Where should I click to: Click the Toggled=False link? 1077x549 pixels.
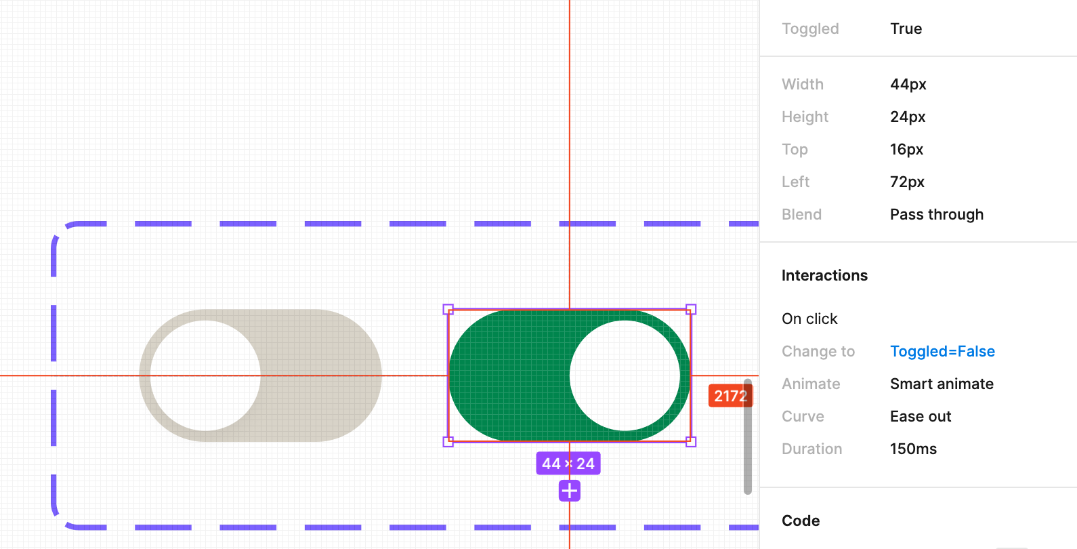pos(942,351)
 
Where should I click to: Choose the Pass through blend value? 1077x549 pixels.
pos(936,214)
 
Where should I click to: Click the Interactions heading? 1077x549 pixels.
pos(824,275)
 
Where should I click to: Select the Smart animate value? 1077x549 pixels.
pos(942,384)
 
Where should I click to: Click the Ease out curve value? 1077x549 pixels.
pos(921,416)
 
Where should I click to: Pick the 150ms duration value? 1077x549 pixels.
pos(913,449)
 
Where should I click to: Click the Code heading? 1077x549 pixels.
pos(801,521)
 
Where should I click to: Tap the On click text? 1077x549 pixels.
pos(809,319)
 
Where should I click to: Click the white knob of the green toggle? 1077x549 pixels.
pos(625,375)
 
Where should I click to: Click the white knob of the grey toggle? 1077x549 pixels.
pos(205,375)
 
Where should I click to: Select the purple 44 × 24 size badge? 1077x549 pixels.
pos(568,464)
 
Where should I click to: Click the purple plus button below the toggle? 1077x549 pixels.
pos(570,491)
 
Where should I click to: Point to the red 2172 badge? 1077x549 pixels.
pos(730,396)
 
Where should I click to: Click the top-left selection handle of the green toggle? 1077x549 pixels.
pos(448,309)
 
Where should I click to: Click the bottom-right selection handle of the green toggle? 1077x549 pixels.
pos(691,442)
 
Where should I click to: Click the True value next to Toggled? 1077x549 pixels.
pos(906,28)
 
